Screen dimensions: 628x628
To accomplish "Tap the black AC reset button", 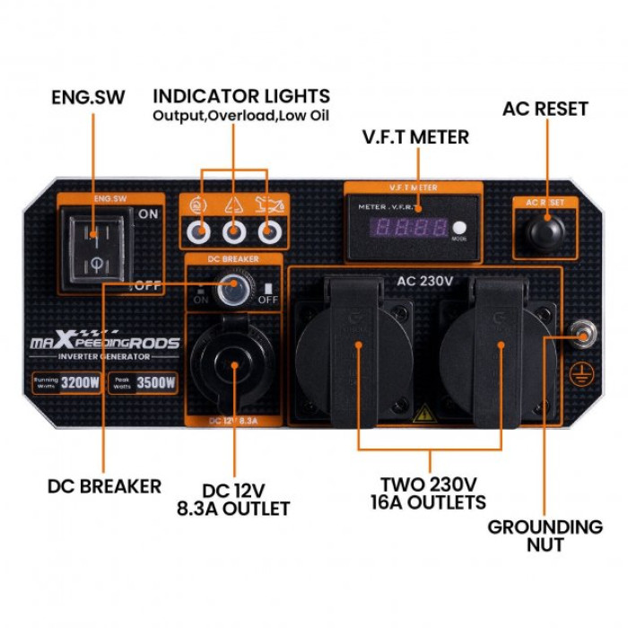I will click(545, 231).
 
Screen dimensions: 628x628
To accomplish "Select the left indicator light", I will click(199, 232).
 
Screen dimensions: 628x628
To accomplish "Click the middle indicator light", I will click(234, 232).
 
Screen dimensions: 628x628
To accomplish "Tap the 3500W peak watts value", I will click(159, 383).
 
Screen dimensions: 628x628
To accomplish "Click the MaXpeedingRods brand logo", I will click(106, 343).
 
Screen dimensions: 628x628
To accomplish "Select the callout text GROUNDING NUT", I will click(545, 536).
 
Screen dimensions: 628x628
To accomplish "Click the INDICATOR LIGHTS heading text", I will click(240, 96).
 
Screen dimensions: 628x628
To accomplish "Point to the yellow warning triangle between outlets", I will click(422, 414).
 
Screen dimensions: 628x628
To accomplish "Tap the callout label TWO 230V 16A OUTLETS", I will click(428, 493).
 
